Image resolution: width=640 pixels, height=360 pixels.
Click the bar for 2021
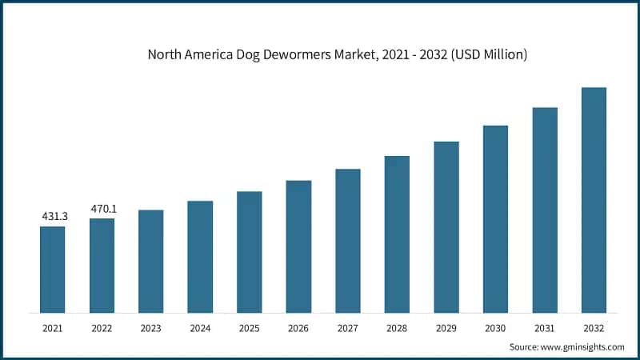[52, 269]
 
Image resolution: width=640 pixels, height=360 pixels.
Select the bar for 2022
[102, 265]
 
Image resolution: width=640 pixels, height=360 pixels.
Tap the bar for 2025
[249, 251]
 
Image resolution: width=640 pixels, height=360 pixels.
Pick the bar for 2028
[397, 234]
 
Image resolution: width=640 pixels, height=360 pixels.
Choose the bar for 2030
[495, 218]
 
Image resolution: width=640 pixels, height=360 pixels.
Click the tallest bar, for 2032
[594, 199]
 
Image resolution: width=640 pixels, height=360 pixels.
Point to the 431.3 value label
[53, 217]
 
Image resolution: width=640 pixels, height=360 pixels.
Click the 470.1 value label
[102, 209]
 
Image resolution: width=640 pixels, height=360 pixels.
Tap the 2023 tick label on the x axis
[151, 328]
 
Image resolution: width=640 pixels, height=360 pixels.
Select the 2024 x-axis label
[200, 328]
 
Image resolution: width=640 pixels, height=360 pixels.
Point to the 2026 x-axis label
[298, 328]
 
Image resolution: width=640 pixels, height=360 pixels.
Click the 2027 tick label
[348, 328]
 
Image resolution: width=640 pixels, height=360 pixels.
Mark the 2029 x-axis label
[446, 328]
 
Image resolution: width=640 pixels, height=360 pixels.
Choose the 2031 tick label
[545, 328]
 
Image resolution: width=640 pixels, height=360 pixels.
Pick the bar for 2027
[348, 240]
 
